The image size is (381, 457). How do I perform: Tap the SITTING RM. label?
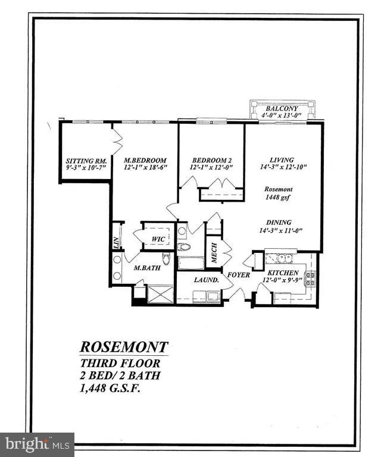(85, 161)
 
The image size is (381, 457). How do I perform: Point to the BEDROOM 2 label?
(211, 161)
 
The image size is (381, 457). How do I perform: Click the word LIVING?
(282, 159)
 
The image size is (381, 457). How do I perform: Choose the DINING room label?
(279, 222)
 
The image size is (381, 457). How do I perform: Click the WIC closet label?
(158, 239)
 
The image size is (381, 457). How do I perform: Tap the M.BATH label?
(145, 268)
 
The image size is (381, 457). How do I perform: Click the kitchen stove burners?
(310, 278)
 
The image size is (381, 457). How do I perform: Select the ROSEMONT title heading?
(124, 347)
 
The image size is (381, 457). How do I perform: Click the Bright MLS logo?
(37, 444)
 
